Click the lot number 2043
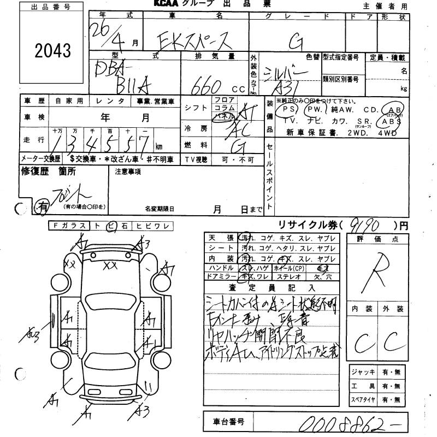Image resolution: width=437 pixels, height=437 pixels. (x=52, y=51)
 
